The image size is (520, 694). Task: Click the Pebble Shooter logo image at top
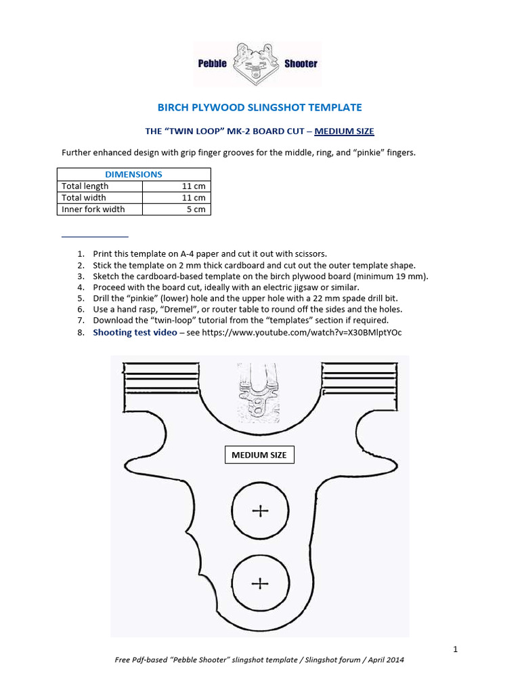coord(258,64)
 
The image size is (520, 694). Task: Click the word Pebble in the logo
coord(212,64)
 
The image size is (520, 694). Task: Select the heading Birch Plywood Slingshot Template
coord(259,107)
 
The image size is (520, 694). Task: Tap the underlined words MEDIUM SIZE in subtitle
coord(344,131)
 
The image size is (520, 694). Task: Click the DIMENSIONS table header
coord(133,174)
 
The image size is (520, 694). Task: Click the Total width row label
coord(85,198)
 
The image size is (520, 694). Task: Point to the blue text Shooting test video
coord(135,332)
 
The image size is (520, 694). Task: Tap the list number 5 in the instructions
coord(80,298)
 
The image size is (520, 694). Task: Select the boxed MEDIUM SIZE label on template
coord(259,455)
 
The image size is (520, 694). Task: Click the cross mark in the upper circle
coord(260,511)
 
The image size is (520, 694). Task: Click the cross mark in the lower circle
coord(260,583)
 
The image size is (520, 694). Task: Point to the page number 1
coord(456,649)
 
